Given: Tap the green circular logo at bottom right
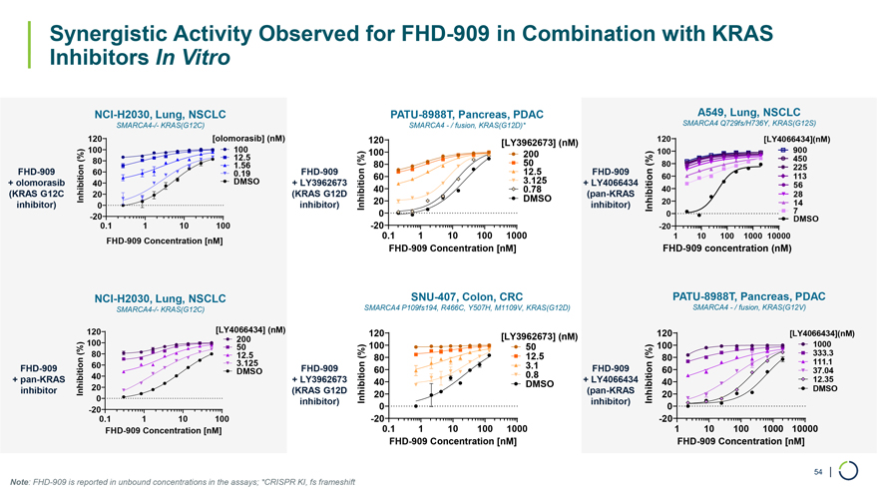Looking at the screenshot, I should click(x=849, y=470).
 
